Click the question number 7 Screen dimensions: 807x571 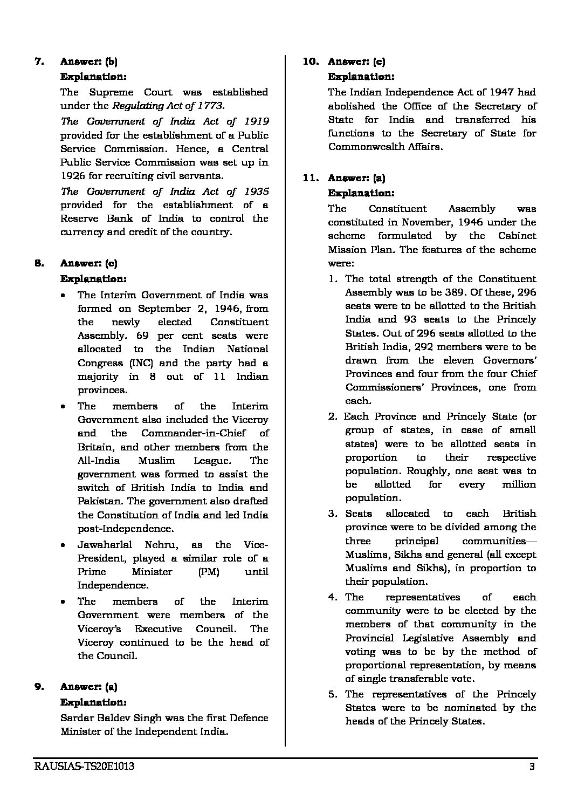(x=38, y=61)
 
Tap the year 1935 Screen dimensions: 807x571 (x=256, y=191)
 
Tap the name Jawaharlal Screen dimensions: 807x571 (x=107, y=545)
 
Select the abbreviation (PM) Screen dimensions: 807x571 (x=209, y=572)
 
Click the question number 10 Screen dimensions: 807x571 (x=311, y=61)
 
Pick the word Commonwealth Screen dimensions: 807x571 (x=362, y=147)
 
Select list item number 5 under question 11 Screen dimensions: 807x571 (x=333, y=694)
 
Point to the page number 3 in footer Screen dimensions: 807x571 (x=532, y=767)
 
